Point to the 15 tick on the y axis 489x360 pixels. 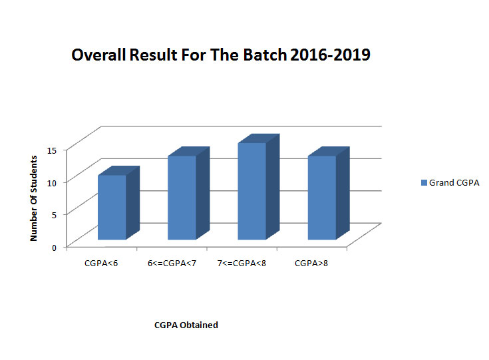click(52, 150)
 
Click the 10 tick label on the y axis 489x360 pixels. click(52, 183)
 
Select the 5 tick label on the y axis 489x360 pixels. click(55, 215)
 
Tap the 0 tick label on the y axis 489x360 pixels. click(55, 248)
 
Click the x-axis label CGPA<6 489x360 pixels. click(101, 264)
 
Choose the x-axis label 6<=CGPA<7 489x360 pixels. click(172, 264)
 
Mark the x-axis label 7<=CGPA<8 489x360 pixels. click(242, 264)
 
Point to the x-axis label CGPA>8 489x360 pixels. click(311, 264)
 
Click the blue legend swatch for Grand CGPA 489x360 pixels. click(424, 183)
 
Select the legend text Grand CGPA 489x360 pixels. click(454, 183)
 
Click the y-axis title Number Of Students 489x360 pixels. click(33, 198)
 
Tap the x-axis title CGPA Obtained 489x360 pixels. click(186, 325)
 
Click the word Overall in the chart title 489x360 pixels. click(98, 55)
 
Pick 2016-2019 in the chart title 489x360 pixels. click(330, 55)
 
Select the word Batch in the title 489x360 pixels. click(265, 55)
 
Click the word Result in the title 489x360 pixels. click(153, 55)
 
